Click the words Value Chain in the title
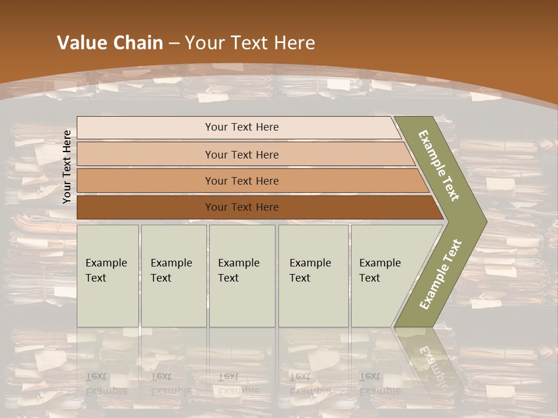[110, 43]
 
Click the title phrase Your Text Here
[250, 43]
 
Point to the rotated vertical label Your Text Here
[67, 167]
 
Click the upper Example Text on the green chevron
[439, 165]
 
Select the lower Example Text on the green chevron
[441, 274]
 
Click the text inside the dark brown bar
[242, 207]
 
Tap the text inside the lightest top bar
[242, 127]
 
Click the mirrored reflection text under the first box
[106, 384]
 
